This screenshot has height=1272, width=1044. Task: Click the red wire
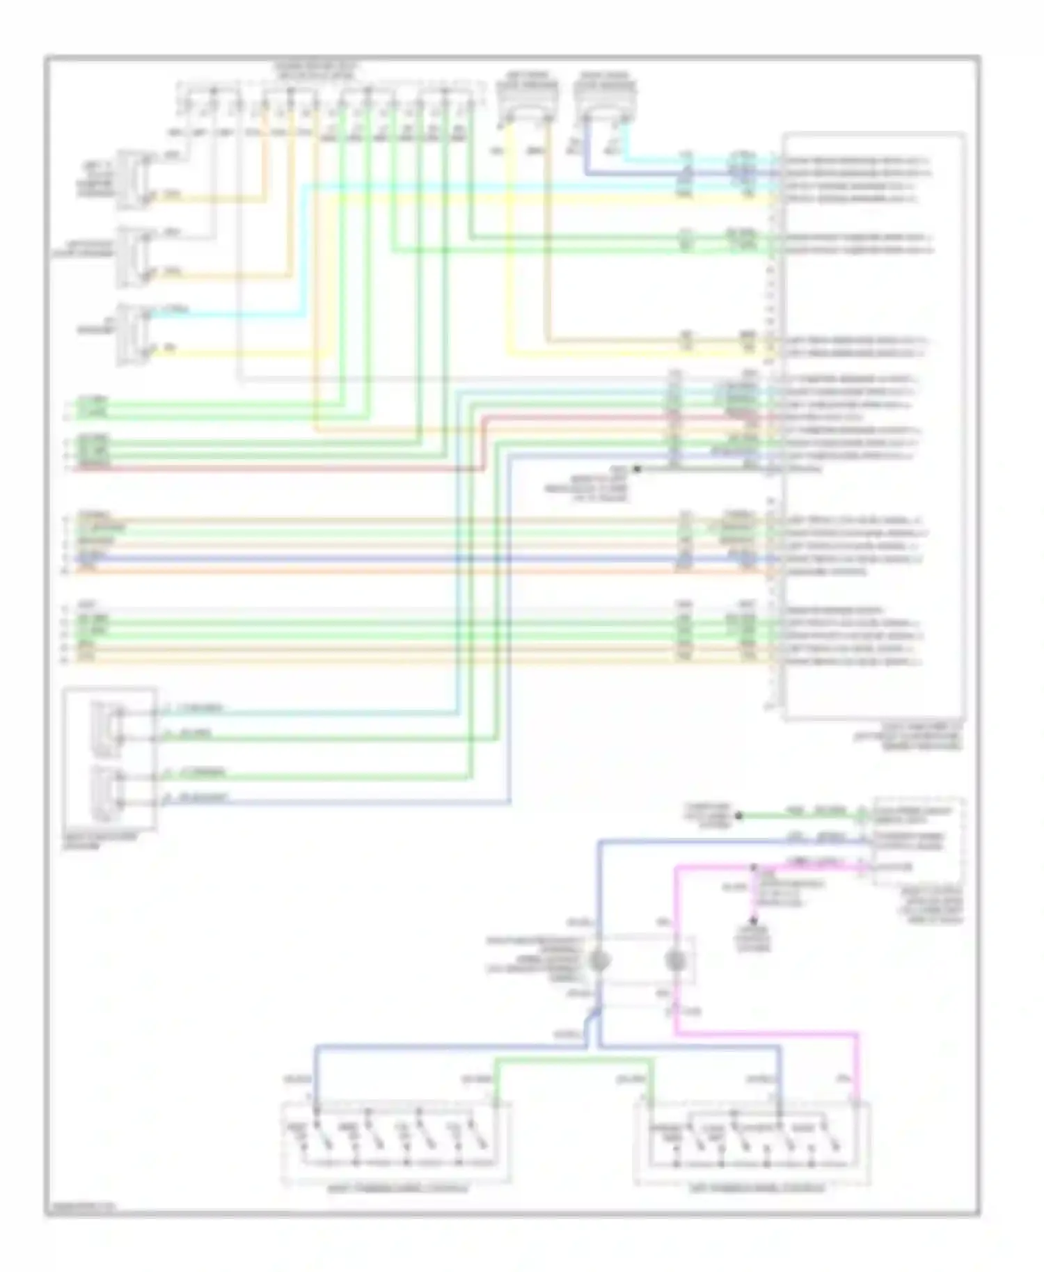pyautogui.click(x=278, y=468)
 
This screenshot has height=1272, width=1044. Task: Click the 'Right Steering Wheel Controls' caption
pyautogui.click(x=397, y=1188)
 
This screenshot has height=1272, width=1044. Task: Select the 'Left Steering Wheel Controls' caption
pyautogui.click(x=757, y=1188)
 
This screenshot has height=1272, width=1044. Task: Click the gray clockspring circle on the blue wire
pyautogui.click(x=599, y=962)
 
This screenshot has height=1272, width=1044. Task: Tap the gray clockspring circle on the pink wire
pyautogui.click(x=675, y=962)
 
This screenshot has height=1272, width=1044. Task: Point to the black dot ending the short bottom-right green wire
pyautogui.click(x=739, y=816)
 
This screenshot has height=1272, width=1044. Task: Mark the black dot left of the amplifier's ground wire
pyautogui.click(x=636, y=470)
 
